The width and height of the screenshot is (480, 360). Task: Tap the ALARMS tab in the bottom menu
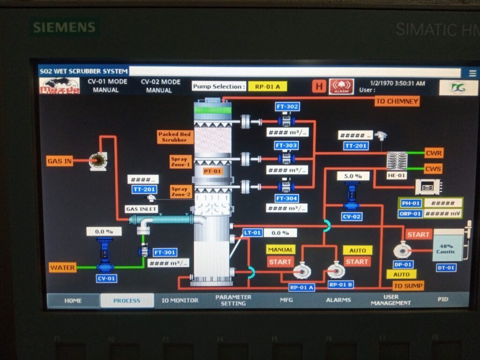tap(338, 300)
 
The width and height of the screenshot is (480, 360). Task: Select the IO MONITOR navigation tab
tap(180, 300)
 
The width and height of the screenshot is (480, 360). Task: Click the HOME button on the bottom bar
tap(73, 300)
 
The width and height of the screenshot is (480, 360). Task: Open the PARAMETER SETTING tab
tap(233, 300)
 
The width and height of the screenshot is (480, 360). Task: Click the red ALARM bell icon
tap(341, 86)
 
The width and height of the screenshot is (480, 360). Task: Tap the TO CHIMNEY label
tap(397, 101)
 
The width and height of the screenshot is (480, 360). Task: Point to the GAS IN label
tap(60, 161)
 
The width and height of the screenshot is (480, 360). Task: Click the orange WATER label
tap(62, 268)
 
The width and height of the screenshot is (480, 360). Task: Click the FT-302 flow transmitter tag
tap(287, 107)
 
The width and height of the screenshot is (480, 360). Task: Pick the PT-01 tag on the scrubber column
tap(212, 171)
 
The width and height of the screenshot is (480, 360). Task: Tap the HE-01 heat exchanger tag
tap(397, 175)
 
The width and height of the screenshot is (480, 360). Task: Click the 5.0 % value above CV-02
tap(352, 176)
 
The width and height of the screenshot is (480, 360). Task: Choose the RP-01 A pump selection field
tap(267, 86)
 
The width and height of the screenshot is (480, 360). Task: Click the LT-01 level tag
tap(252, 232)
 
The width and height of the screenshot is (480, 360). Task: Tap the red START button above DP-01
tap(418, 234)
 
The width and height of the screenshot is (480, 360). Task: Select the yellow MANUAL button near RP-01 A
tap(280, 250)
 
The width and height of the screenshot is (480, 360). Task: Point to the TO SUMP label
tap(408, 285)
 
